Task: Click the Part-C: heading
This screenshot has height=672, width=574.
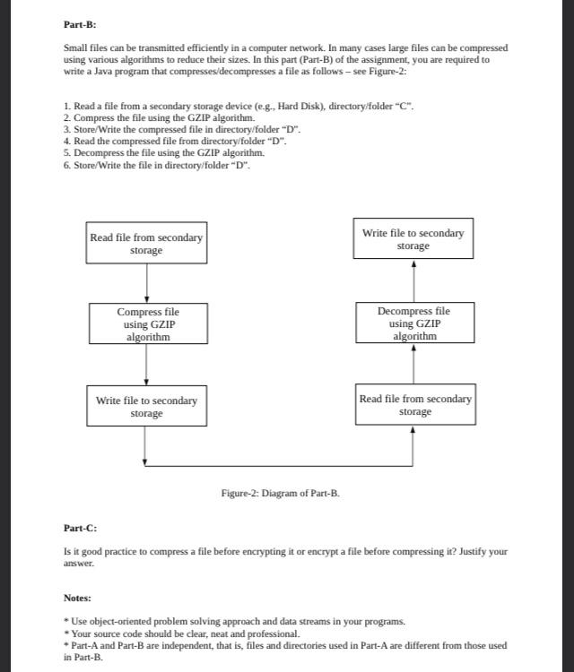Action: tap(80, 529)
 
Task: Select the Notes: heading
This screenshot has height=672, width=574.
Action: tap(77, 598)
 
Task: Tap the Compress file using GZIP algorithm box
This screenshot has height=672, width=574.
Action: tap(147, 324)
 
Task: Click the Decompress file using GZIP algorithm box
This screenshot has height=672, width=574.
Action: tap(413, 323)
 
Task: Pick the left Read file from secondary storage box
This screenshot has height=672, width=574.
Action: tap(146, 243)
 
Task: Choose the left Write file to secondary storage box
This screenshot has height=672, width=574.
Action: tap(146, 407)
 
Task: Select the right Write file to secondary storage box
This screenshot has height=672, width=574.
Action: tap(413, 238)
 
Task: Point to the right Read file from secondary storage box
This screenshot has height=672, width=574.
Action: tap(414, 405)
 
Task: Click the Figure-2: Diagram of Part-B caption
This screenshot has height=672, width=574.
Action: tap(280, 493)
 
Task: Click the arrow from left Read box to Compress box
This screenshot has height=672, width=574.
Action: tap(146, 283)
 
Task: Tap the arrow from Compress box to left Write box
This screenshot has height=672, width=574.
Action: tap(146, 365)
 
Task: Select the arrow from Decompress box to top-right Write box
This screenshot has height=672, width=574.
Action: tap(413, 281)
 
